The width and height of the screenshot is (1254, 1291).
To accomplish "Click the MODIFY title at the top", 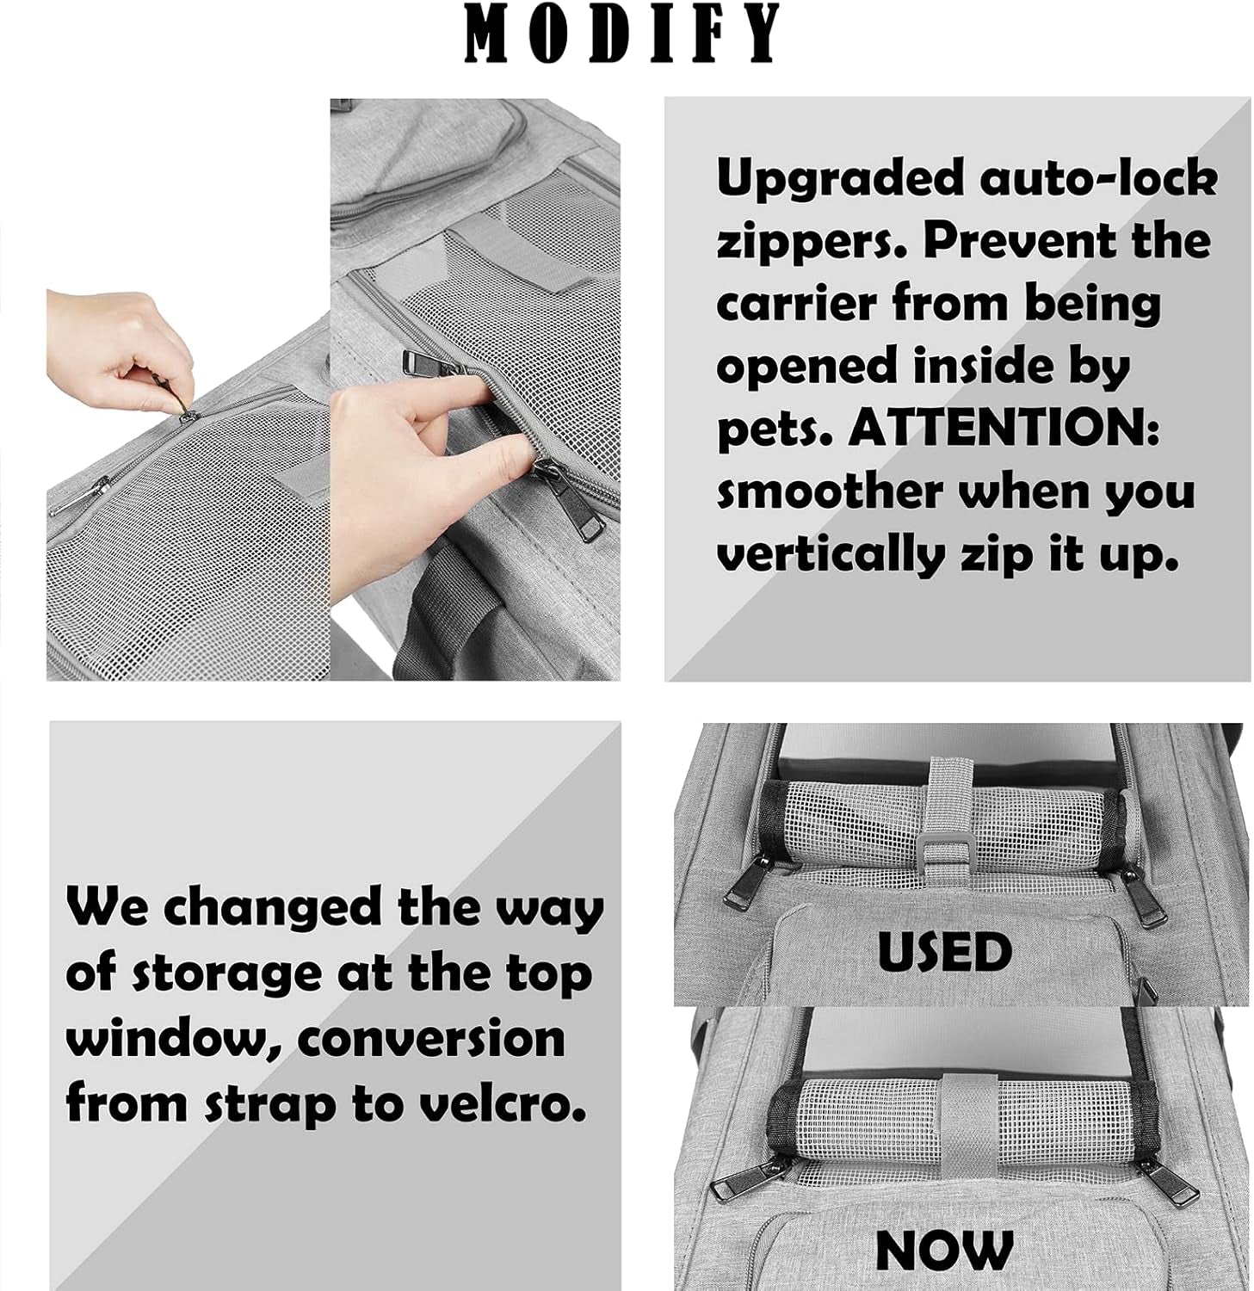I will click(622, 34).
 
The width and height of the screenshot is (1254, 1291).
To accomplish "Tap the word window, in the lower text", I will click(173, 1039).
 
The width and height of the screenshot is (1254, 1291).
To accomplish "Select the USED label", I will click(944, 952).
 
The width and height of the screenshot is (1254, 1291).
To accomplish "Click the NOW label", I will click(944, 1249).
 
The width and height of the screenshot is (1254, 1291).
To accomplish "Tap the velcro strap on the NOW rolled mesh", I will click(961, 1119).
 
